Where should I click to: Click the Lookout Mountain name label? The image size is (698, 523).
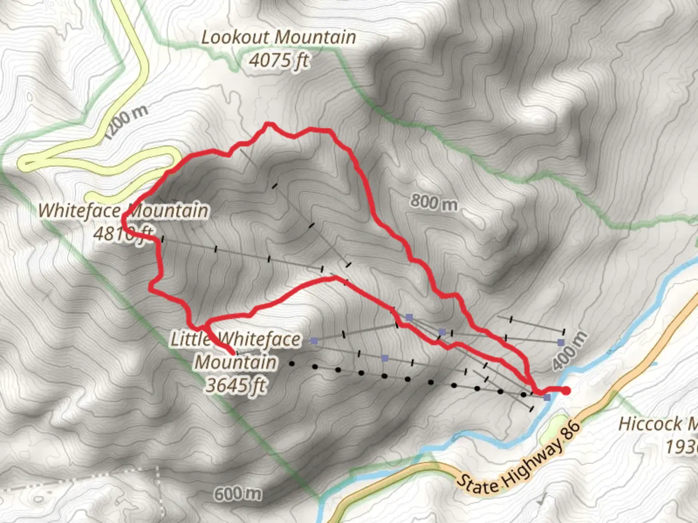pyautogui.click(x=278, y=37)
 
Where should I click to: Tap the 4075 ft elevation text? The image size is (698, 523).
pyautogui.click(x=279, y=61)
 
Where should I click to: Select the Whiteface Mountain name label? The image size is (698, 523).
pyautogui.click(x=124, y=211)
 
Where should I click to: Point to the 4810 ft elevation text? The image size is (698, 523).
pyautogui.click(x=124, y=234)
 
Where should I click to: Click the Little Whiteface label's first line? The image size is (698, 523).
pyautogui.click(x=236, y=339)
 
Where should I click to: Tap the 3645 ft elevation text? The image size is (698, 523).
pyautogui.click(x=236, y=385)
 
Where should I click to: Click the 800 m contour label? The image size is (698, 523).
pyautogui.click(x=434, y=202)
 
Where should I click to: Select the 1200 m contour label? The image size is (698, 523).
pyautogui.click(x=126, y=122)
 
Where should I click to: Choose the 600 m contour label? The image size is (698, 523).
pyautogui.click(x=238, y=494)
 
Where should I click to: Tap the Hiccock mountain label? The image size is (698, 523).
pyautogui.click(x=657, y=424)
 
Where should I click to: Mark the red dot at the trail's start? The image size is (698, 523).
pyautogui.click(x=566, y=391)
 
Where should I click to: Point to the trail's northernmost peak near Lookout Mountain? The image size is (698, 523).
pyautogui.click(x=267, y=125)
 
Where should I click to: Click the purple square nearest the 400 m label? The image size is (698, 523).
pyautogui.click(x=561, y=342)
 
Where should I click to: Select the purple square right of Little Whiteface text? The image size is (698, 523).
pyautogui.click(x=314, y=341)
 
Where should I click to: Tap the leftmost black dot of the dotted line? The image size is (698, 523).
pyautogui.click(x=292, y=363)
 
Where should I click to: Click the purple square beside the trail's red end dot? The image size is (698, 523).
pyautogui.click(x=547, y=398)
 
